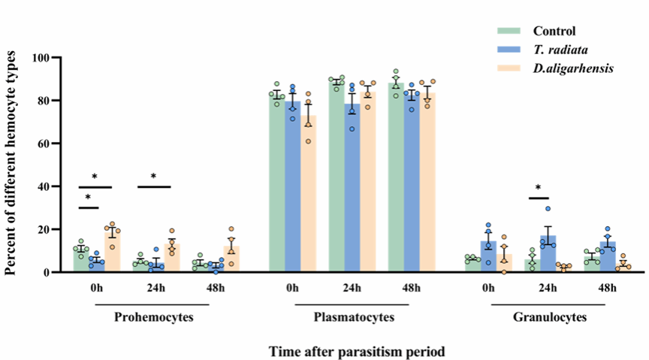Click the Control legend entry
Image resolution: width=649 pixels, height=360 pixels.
pyautogui.click(x=554, y=31)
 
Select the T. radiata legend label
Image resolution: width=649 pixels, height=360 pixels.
pyautogui.click(x=560, y=50)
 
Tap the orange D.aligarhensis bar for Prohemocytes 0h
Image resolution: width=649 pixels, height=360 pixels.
pyautogui.click(x=113, y=251)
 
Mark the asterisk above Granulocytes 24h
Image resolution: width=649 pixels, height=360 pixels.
pyautogui.click(x=539, y=188)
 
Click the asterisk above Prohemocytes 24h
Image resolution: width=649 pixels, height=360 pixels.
pyautogui.click(x=153, y=177)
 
